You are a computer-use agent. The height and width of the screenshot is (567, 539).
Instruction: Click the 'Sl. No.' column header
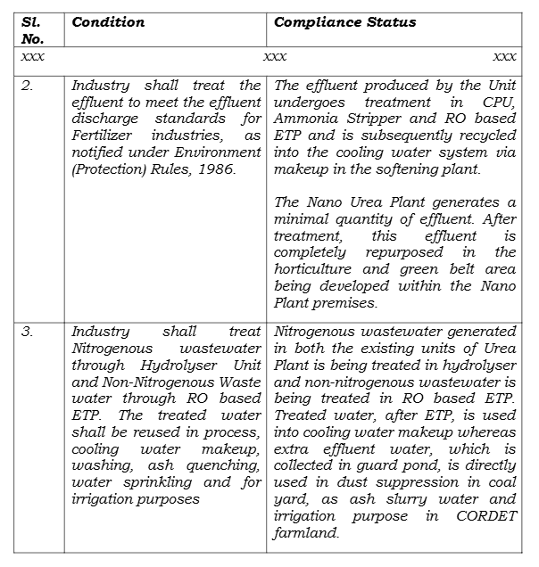click(32, 29)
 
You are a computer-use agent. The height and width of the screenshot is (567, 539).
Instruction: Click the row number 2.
click(28, 86)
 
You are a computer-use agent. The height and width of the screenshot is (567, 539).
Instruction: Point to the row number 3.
click(28, 332)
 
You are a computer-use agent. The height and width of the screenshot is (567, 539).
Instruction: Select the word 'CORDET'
click(485, 515)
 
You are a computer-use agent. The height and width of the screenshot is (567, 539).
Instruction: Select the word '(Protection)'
click(108, 169)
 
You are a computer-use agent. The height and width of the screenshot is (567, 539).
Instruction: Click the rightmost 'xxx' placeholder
click(504, 56)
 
